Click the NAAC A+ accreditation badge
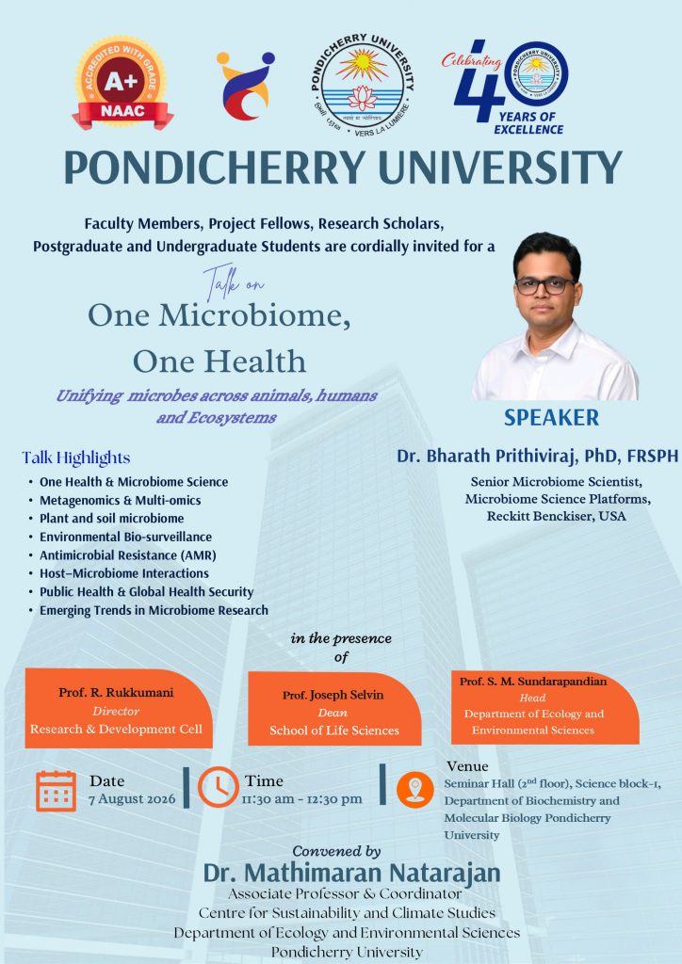pyautogui.click(x=122, y=83)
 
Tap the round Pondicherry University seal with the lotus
pyautogui.click(x=363, y=85)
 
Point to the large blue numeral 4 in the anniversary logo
pyautogui.click(x=479, y=82)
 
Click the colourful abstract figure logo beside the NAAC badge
pyautogui.click(x=245, y=86)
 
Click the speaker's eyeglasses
pyautogui.click(x=544, y=285)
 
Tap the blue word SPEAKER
pyautogui.click(x=552, y=417)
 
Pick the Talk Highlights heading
pyautogui.click(x=76, y=458)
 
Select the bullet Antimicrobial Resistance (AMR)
pyautogui.click(x=128, y=555)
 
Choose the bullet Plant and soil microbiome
pyautogui.click(x=112, y=519)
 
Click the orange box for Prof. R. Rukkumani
pyautogui.click(x=119, y=708)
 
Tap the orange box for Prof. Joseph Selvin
pyautogui.click(x=334, y=708)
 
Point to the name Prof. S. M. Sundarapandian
pyautogui.click(x=533, y=682)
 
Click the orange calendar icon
pyautogui.click(x=56, y=791)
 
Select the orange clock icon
pyautogui.click(x=219, y=787)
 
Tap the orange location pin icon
pyautogui.click(x=415, y=790)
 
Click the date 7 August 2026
pyautogui.click(x=132, y=799)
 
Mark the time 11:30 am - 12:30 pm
pyautogui.click(x=302, y=799)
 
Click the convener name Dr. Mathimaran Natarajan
pyautogui.click(x=351, y=873)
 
